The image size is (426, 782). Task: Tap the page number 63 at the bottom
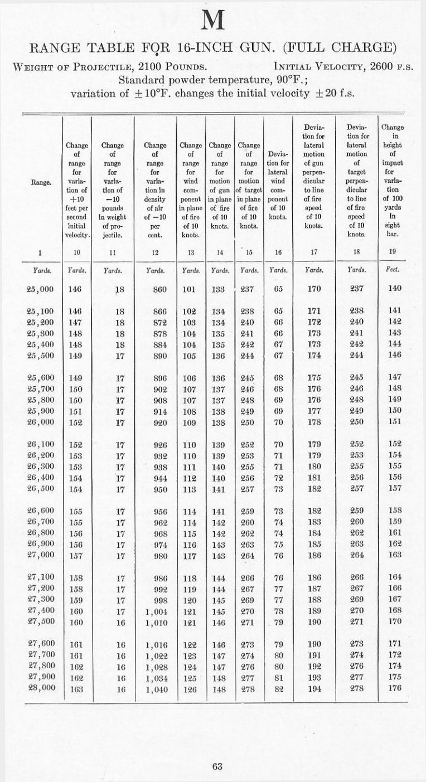(x=217, y=766)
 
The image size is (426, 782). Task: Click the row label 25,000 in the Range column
(x=40, y=289)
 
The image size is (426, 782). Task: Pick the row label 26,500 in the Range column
(x=40, y=488)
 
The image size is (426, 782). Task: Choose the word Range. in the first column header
(x=40, y=182)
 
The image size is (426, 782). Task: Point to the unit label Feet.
(x=391, y=271)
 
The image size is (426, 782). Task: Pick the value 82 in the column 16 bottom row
(x=279, y=688)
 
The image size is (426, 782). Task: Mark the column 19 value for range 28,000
(x=394, y=688)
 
